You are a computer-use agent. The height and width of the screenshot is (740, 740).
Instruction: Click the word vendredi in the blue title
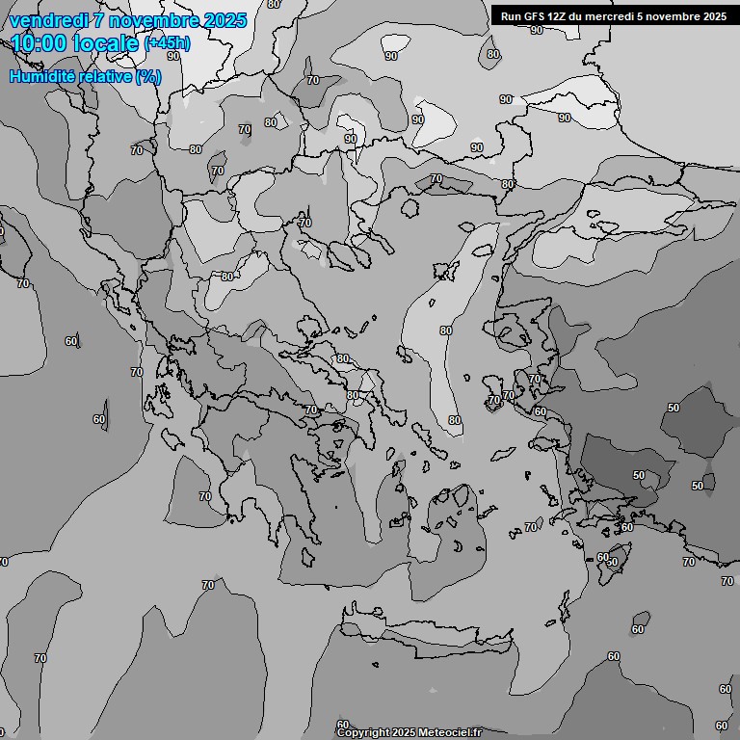click(x=46, y=20)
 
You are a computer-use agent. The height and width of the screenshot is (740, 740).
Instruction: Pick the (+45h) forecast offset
click(x=167, y=43)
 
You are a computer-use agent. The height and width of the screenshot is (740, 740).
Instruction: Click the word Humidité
click(x=41, y=76)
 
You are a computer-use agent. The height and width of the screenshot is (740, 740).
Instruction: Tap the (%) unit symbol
click(x=147, y=76)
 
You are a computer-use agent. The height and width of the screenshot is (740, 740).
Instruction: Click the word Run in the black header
click(x=511, y=15)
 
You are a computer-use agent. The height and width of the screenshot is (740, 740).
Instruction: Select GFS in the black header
click(x=534, y=15)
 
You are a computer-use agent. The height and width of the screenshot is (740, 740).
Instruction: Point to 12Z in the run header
click(x=558, y=15)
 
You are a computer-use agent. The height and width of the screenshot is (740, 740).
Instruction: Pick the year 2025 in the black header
click(x=715, y=15)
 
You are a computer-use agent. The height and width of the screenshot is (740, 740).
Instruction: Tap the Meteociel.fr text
click(x=449, y=732)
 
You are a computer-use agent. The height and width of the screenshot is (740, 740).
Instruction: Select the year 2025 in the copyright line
click(x=404, y=732)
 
